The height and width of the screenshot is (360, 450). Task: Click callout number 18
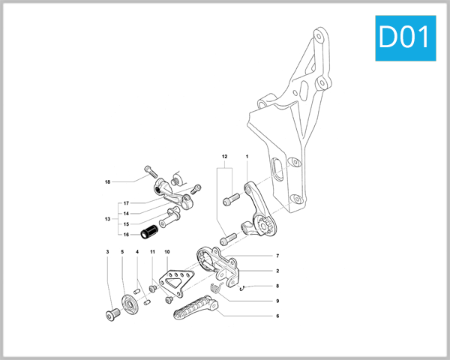108,181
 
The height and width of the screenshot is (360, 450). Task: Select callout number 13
108,219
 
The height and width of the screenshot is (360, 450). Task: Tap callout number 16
126,234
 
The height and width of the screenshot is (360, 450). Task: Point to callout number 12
223,156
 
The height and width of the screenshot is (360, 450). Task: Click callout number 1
247,156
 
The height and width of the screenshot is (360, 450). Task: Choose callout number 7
277,256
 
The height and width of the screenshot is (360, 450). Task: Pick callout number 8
277,286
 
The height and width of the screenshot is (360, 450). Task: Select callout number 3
107,252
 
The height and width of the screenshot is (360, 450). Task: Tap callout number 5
122,252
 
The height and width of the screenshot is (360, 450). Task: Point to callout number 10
166,252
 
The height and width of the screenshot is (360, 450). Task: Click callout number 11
151,252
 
